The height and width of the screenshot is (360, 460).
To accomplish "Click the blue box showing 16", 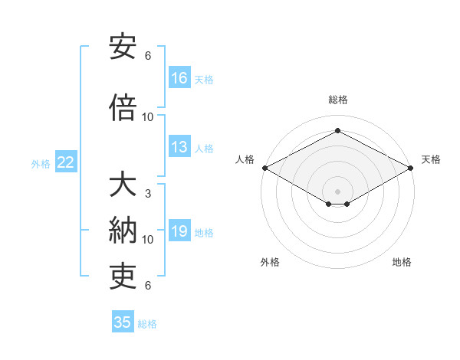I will coord(179,77).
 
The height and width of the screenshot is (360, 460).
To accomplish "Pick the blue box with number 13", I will coord(179,148).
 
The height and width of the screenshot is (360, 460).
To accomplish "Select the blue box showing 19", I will coord(179,232).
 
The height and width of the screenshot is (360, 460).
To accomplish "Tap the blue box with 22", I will coord(66,162).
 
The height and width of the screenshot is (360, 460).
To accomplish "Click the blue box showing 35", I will coord(123,322).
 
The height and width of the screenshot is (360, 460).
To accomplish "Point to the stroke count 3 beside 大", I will coord(148,194).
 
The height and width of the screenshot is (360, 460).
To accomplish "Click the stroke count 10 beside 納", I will coord(148,240).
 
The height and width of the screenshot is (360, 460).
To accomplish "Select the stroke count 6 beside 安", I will coord(148,55).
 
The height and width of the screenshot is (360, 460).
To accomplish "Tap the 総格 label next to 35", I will coord(147,324).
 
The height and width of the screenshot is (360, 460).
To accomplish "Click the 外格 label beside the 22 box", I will coord(41,164).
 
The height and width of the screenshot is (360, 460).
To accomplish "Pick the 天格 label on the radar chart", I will coord(431,159).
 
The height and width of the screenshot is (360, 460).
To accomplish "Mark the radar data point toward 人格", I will coord(264,168).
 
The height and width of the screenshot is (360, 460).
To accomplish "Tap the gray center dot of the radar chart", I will coord(337,190).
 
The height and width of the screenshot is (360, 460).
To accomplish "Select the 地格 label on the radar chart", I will coord(402,262).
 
